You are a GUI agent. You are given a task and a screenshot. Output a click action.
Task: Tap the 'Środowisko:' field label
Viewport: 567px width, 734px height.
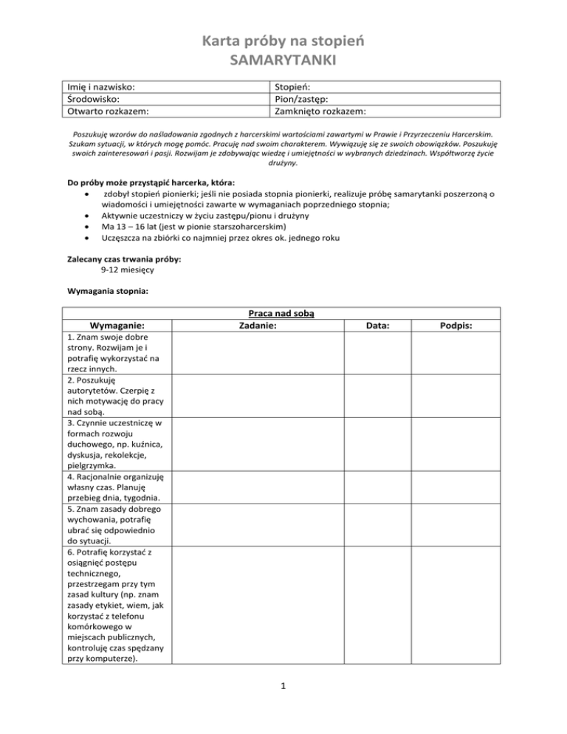(93, 100)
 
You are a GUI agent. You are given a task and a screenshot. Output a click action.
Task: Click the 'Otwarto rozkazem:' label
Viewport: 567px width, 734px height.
(108, 112)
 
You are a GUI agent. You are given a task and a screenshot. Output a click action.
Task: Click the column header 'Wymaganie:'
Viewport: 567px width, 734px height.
(117, 326)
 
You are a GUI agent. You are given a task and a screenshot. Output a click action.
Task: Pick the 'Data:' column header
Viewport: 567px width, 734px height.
(379, 326)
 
